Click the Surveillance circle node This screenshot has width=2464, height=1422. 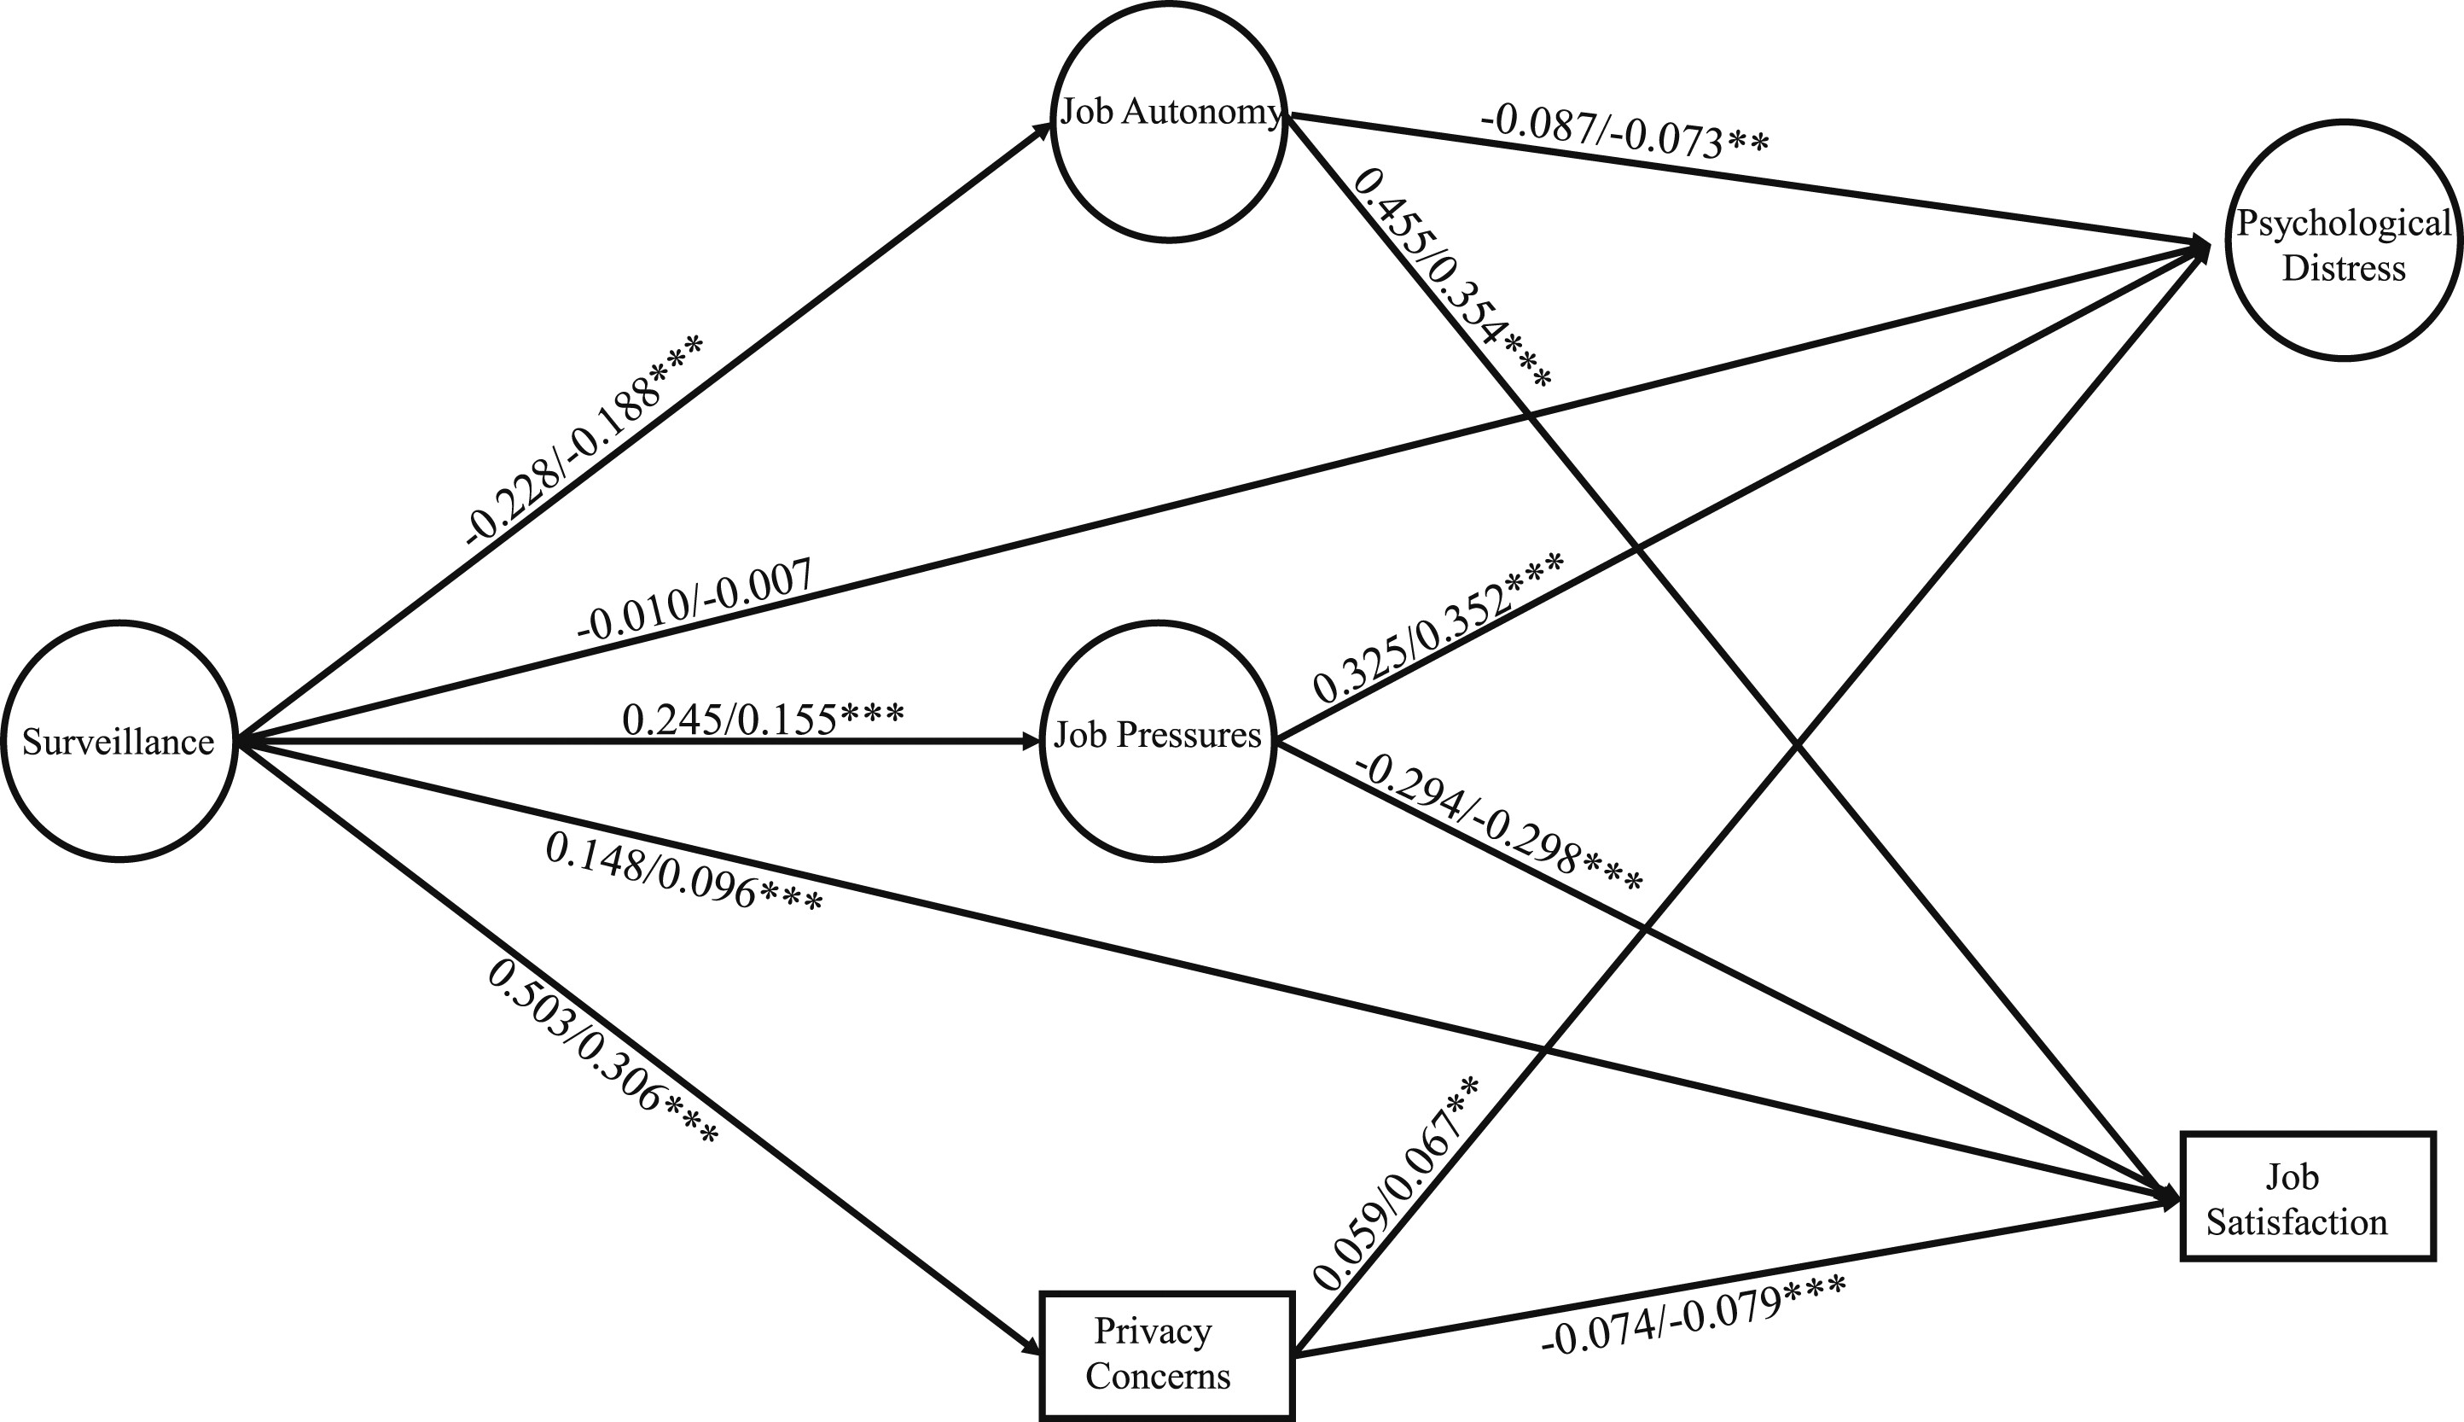point(119,740)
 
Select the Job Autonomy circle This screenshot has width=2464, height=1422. point(1170,120)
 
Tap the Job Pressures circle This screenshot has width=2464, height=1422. point(1158,740)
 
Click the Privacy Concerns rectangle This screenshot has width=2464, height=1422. point(1167,1355)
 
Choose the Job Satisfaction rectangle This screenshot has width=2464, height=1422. point(2308,1198)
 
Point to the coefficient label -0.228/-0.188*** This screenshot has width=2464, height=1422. point(584,440)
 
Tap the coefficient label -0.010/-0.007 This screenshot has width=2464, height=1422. point(695,600)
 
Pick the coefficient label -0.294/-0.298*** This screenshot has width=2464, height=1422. point(1497,826)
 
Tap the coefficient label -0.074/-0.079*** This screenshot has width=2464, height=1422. point(1693,1315)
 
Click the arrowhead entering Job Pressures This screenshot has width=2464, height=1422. point(1033,741)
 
